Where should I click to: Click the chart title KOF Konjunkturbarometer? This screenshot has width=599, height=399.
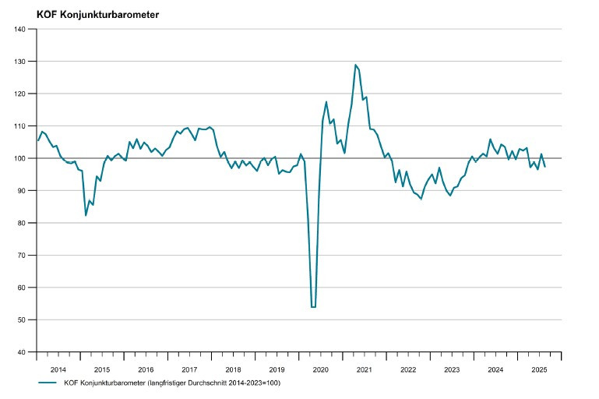[x=97, y=13]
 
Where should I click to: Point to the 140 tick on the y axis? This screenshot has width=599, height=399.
[x=20, y=29]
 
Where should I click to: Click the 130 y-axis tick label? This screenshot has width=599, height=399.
[x=20, y=62]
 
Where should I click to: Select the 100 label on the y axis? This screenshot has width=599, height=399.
[x=20, y=158]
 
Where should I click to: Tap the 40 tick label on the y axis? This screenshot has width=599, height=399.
[x=22, y=352]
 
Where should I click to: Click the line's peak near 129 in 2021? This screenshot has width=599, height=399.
[x=355, y=65]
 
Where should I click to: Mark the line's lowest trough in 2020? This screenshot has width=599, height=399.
[x=313, y=307]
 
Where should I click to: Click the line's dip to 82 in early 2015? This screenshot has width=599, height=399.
[x=86, y=215]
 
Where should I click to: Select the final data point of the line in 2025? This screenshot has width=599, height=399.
[x=544, y=167]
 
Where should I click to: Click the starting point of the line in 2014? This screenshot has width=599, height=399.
[x=37, y=140]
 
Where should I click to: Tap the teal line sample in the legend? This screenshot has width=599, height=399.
[x=48, y=383]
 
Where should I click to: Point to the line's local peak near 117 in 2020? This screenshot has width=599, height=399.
[x=326, y=102]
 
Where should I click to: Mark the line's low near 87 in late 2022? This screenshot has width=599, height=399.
[x=421, y=199]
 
